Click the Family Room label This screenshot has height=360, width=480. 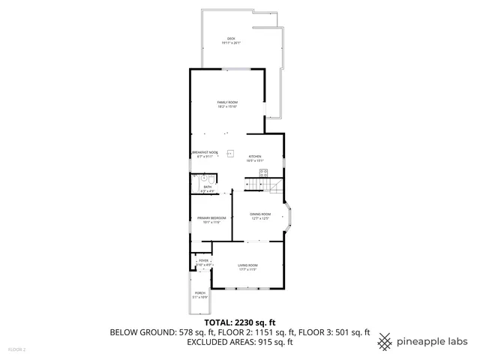227,102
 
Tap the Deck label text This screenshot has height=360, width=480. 231,38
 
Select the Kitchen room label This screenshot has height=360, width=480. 256,156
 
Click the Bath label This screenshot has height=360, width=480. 196,187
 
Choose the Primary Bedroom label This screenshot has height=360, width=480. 211,217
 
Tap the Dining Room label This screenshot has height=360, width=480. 259,214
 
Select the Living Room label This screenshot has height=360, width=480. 248,265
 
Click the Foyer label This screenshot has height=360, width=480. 203,260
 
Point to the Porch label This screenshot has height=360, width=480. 200,292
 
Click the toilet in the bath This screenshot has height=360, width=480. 194,178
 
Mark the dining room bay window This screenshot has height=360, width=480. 290,217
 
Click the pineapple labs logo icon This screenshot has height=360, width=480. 384,341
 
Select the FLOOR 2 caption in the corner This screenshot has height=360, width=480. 16,349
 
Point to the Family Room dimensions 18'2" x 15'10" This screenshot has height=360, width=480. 227,106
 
